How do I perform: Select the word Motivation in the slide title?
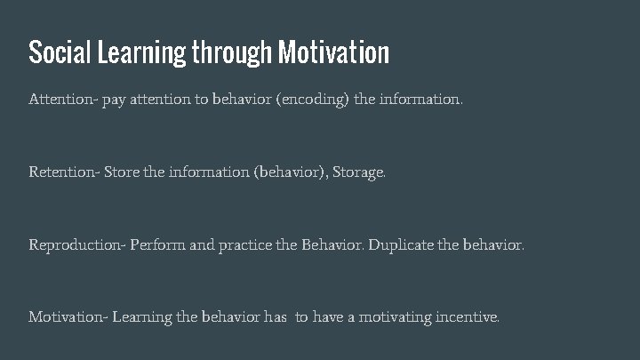coord(333,52)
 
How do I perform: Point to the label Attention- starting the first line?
coord(63,100)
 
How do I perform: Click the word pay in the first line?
coord(115,101)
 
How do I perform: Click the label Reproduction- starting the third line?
coord(76,244)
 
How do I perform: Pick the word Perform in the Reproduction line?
coord(156,244)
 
